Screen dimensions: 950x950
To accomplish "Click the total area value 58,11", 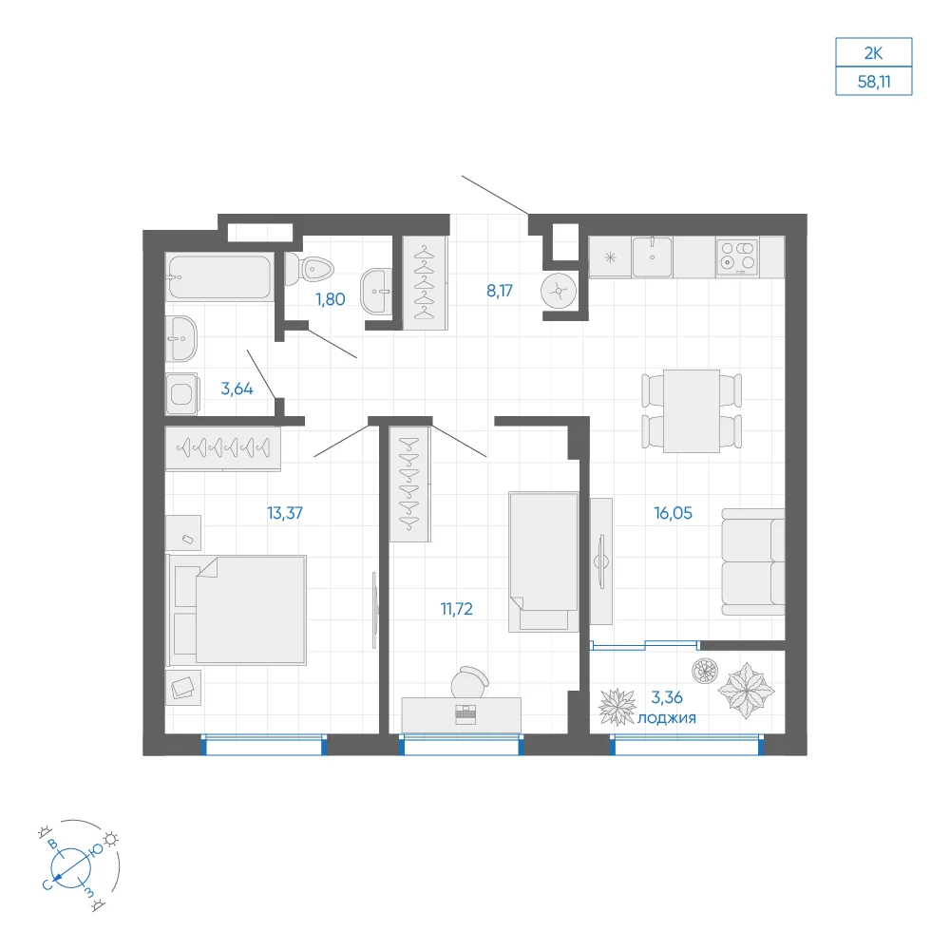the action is tap(874, 81).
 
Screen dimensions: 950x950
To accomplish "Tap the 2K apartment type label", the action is tap(873, 53).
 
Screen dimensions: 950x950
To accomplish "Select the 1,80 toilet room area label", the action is tap(331, 299).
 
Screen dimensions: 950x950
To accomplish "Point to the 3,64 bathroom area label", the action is tap(237, 389).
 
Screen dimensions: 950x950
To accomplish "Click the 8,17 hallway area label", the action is tap(500, 291).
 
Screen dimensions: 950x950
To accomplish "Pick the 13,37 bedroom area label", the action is tap(285, 513).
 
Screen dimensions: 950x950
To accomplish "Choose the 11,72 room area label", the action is tap(456, 609).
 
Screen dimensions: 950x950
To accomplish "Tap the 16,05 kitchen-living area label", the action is tap(674, 513).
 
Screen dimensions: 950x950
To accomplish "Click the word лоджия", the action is tap(667, 718).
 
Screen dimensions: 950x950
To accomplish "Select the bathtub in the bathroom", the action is tap(219, 276).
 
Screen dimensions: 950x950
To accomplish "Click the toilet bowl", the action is tap(309, 269).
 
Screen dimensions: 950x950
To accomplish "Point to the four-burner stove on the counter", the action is tap(737, 256).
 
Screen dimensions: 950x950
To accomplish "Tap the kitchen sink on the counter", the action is tap(652, 256).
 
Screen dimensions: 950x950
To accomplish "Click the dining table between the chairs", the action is tap(692, 411).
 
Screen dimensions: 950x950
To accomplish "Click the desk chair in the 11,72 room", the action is tap(469, 682).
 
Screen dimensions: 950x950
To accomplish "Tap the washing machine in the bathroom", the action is tap(181, 394).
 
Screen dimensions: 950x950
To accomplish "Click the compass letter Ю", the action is tap(96, 851).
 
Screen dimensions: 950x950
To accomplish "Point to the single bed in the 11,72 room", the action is tap(543, 561).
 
